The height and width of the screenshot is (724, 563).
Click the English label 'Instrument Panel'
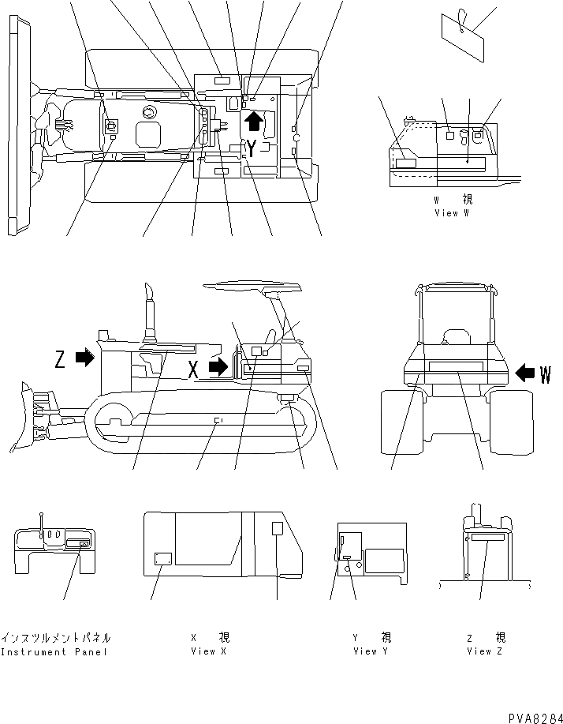point(54,652)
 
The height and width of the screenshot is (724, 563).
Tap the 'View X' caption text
point(208,652)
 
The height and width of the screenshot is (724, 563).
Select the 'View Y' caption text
point(371,652)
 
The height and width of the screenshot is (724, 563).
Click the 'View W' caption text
point(452,214)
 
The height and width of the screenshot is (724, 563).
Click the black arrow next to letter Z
point(84,358)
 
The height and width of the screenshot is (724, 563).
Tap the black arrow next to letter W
point(524,371)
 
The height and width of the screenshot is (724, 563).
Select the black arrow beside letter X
point(219,366)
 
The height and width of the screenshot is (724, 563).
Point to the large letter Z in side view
point(60,359)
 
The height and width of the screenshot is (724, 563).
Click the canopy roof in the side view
point(252,287)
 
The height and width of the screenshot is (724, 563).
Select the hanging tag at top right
point(461,36)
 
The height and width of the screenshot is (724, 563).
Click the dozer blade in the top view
point(12,126)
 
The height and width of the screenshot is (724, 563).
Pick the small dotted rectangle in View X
point(163,558)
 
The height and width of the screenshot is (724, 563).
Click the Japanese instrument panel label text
point(55,637)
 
